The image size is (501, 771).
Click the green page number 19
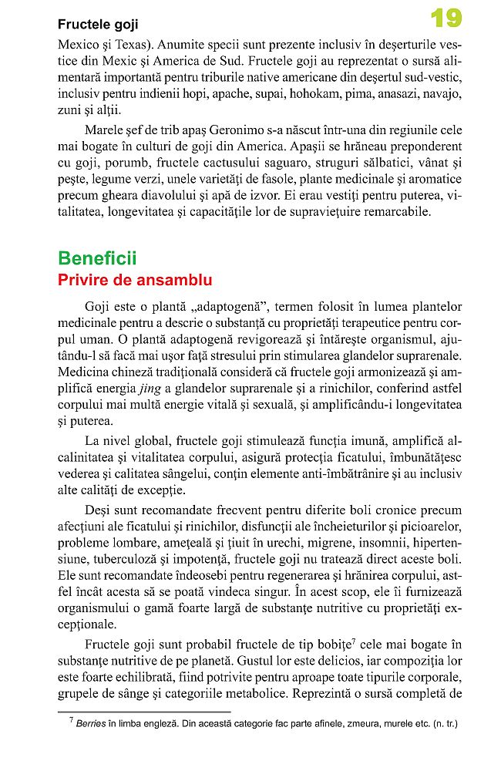(x=446, y=19)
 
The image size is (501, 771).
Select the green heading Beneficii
(x=97, y=259)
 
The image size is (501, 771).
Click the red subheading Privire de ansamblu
(x=135, y=281)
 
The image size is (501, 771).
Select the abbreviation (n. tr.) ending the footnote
(x=446, y=724)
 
